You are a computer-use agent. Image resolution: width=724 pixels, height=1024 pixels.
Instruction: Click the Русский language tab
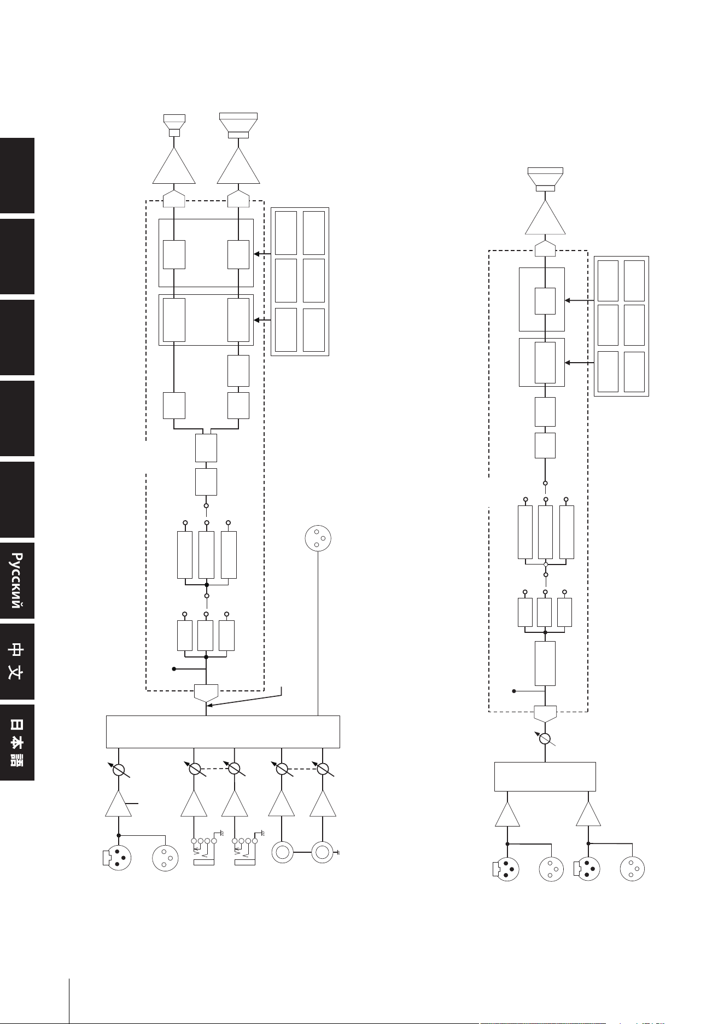pos(17,580)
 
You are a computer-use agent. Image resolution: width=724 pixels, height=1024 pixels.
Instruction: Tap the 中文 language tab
pos(17,661)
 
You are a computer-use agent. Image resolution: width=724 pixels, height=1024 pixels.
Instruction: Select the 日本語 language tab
pos(17,742)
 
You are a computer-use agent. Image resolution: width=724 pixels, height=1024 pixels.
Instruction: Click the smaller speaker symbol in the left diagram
pos(174,125)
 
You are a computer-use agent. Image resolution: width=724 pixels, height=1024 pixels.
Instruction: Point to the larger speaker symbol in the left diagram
pos(238,125)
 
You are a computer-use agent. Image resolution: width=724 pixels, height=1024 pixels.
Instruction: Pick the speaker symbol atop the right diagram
pos(545,179)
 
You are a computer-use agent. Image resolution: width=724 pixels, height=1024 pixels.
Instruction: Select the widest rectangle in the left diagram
pos(223,731)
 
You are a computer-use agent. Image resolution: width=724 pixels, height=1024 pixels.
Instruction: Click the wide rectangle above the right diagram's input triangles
pos(545,776)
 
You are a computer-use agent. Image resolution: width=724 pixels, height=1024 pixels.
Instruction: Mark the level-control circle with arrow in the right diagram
pos(545,739)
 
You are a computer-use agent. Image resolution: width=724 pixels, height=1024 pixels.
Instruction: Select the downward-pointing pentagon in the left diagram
pos(206,693)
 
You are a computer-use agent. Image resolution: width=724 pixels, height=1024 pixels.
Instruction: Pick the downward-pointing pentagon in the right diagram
pos(545,714)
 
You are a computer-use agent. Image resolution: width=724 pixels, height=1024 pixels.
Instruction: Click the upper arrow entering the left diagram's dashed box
pos(262,254)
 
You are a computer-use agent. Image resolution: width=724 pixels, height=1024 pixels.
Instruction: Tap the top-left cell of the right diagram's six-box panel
pos(608,281)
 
